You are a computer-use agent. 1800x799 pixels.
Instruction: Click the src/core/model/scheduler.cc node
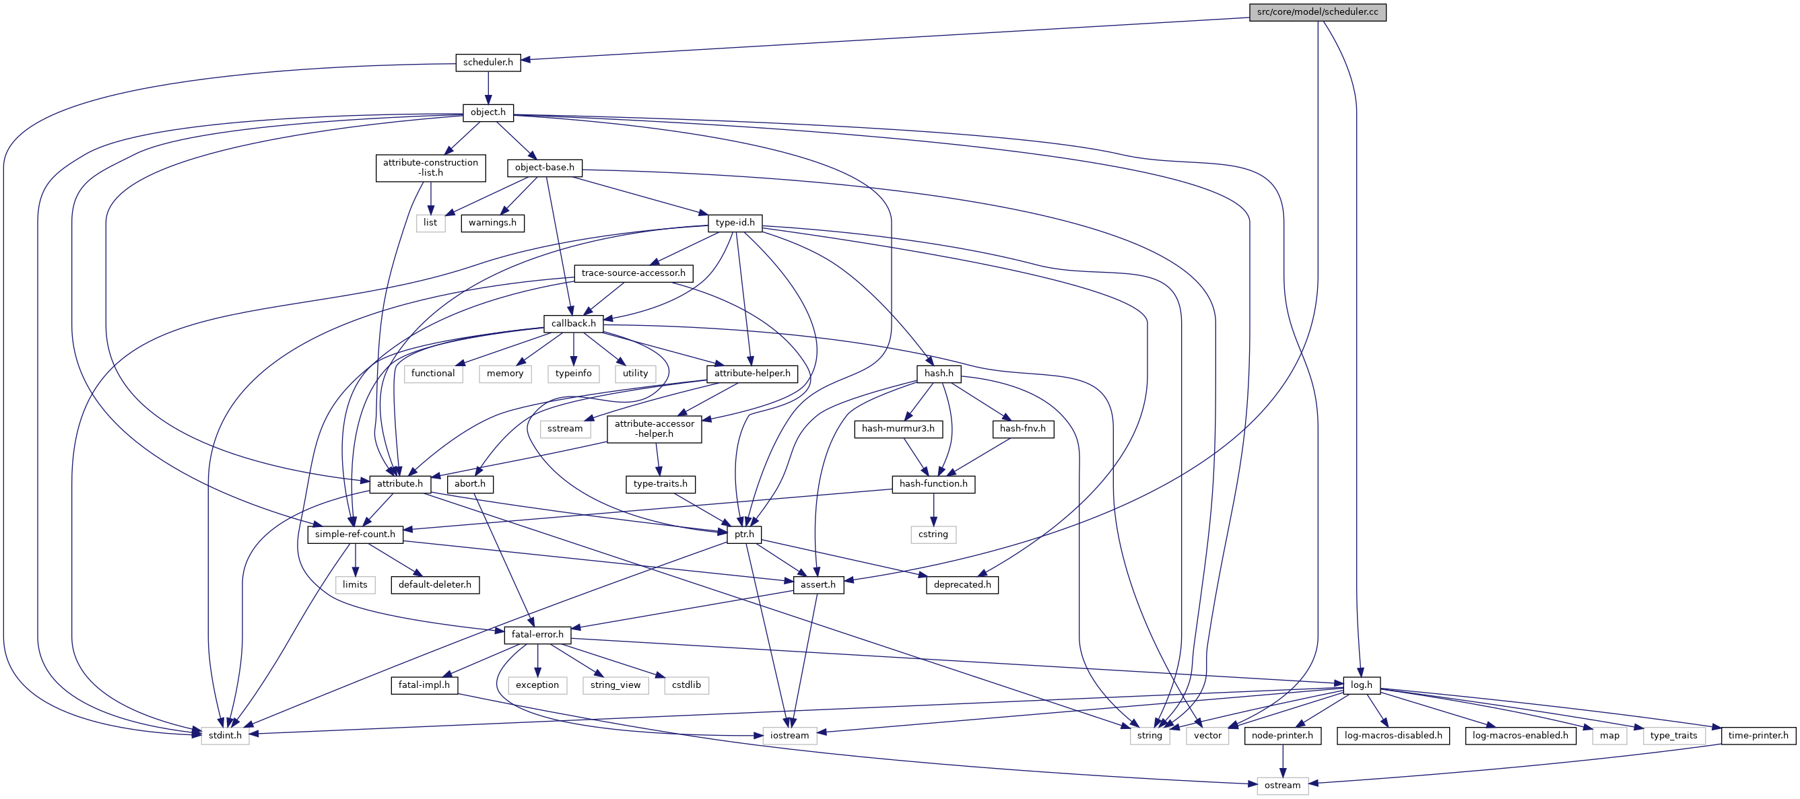[x=1317, y=12]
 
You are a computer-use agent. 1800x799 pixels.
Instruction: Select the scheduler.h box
[x=488, y=62]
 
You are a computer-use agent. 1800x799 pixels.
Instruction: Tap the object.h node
[x=488, y=112]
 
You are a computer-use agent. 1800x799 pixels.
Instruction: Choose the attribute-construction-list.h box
[x=430, y=168]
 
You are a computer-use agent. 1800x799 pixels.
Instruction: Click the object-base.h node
[x=544, y=168]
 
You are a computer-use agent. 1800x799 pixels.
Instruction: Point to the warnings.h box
[x=492, y=223]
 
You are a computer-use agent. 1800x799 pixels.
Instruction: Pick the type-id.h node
[x=735, y=223]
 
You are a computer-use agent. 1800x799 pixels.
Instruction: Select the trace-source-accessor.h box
[x=633, y=273]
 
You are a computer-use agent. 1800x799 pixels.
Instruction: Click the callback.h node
[x=573, y=323]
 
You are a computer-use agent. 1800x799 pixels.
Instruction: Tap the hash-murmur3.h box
[x=898, y=429]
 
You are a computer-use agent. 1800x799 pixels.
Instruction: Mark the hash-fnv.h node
[x=1022, y=429]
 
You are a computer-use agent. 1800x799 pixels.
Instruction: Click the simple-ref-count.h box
[x=355, y=534]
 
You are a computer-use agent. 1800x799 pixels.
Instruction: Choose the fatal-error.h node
[x=537, y=635]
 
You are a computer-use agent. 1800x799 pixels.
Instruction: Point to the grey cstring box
[x=933, y=534]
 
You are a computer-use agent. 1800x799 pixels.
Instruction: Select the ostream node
[x=1282, y=785]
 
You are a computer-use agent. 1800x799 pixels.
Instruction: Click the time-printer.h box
[x=1758, y=736]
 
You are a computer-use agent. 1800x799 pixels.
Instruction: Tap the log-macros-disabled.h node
[x=1393, y=736]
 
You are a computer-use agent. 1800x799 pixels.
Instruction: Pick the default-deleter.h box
[x=434, y=584]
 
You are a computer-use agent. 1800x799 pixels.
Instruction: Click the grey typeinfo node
[x=573, y=374]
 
